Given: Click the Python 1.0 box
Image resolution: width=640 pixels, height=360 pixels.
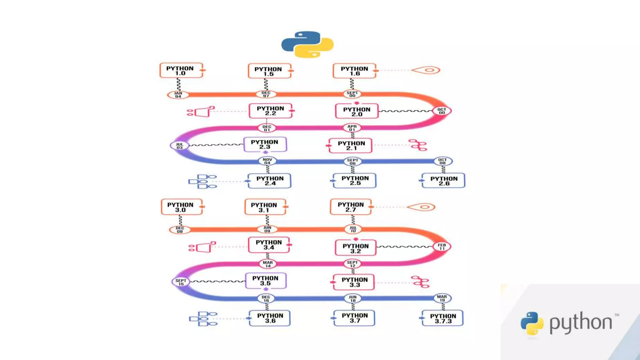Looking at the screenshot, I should (181, 70).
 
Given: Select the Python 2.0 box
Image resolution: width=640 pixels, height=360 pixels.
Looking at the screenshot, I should (357, 111).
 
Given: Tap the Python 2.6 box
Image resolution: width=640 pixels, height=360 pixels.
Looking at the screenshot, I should (443, 181).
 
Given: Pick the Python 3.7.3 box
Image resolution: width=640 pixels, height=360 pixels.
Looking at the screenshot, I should (442, 318).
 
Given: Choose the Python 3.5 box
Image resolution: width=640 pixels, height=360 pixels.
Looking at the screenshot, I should (265, 281).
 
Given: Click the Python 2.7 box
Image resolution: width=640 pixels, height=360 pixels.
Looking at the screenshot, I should (351, 207).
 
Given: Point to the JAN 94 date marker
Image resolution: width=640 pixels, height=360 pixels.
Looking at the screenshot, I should (178, 95).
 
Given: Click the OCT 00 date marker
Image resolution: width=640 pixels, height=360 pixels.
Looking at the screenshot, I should (442, 111).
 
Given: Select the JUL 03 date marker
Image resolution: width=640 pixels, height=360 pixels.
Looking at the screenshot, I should (179, 146).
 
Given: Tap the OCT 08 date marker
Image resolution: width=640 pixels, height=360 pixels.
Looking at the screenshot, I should (442, 161).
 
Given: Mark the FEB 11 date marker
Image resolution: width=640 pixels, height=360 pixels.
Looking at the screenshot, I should (442, 247).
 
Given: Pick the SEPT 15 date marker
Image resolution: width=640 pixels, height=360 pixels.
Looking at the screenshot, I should (181, 282).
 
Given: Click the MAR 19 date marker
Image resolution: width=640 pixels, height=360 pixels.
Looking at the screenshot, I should (442, 298).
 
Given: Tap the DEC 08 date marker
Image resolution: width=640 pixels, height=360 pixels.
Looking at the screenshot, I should (180, 230).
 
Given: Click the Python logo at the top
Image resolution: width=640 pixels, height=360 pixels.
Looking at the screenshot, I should (307, 44).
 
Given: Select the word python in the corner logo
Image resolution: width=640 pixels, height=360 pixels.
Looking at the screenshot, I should (581, 322).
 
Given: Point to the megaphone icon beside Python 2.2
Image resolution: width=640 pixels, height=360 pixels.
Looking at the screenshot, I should (201, 111).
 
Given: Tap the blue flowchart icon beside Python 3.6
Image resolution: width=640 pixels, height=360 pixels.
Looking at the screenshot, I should (203, 319).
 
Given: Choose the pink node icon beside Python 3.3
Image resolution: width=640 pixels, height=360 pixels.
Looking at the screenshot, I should (420, 282).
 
